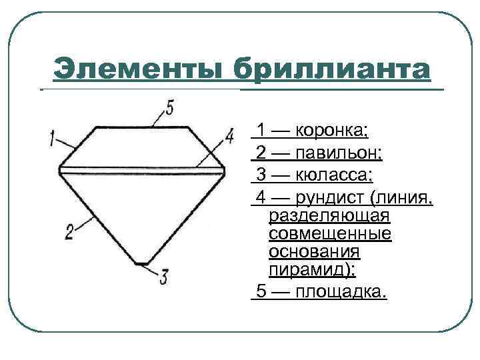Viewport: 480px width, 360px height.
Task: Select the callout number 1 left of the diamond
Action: (x=53, y=139)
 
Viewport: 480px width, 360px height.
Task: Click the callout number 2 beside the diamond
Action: (x=70, y=231)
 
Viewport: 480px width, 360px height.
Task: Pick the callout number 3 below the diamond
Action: (x=164, y=276)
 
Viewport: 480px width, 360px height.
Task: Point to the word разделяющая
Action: (x=329, y=216)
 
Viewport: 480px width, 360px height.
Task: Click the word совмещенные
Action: (x=330, y=234)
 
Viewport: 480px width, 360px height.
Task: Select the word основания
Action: (x=315, y=252)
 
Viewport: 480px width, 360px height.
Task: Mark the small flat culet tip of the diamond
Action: (x=141, y=263)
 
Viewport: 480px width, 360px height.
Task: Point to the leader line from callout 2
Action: (x=85, y=223)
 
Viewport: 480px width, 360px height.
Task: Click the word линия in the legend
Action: (x=406, y=198)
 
